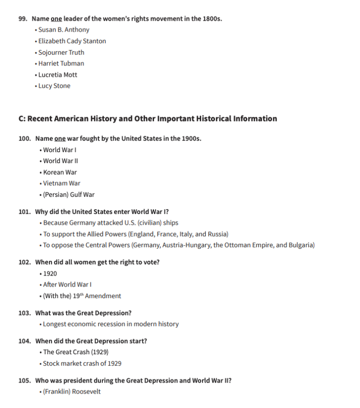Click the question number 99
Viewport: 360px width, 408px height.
23,19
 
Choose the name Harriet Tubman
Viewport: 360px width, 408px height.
61,63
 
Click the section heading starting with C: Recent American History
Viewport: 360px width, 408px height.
148,119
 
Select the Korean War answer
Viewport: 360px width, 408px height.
60,172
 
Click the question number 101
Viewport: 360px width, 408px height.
25,212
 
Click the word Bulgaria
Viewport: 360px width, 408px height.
300,245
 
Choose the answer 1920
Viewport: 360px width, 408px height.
50,273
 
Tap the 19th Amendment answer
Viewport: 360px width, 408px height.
82,296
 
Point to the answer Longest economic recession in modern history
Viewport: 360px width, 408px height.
111,324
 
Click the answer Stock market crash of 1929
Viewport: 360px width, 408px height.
82,363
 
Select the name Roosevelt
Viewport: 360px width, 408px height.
86,392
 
